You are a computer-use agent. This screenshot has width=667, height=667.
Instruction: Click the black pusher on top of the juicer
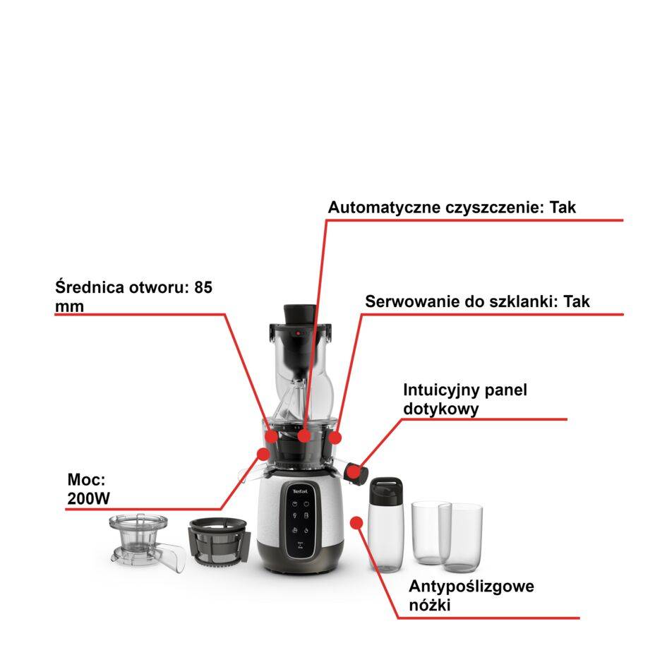299,313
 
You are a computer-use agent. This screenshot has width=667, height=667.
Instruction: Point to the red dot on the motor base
356,522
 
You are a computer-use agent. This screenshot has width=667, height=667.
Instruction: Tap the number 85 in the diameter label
203,288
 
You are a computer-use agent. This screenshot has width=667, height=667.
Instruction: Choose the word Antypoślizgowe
471,587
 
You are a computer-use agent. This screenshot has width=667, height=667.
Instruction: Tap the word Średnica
89,288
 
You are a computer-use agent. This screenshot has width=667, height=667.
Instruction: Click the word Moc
83,480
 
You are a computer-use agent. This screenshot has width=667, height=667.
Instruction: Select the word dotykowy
441,409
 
